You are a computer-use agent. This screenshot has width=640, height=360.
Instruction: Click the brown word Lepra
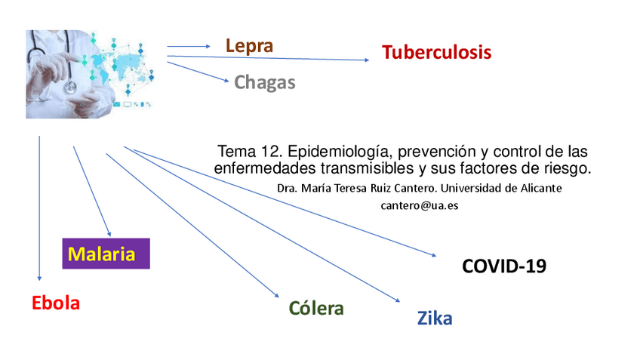point(249,46)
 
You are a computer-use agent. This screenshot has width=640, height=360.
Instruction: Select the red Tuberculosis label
point(436,53)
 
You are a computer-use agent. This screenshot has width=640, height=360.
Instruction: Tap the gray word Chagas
point(265,82)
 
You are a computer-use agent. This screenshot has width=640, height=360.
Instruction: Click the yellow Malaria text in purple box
point(102,254)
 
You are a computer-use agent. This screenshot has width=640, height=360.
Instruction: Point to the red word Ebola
point(56,303)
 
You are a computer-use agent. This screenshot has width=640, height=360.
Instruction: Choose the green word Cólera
point(316,308)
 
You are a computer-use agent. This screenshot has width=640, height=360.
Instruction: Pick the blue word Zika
point(435,318)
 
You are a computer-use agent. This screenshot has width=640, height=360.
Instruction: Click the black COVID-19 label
point(504,266)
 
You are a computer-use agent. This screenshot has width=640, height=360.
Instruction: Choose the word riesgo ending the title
point(568,167)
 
